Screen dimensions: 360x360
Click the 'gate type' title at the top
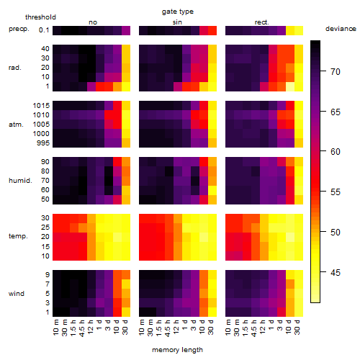(x=178, y=12)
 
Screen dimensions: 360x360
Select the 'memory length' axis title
(x=177, y=350)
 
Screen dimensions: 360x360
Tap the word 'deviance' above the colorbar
(x=341, y=29)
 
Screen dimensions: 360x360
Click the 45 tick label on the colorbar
(x=336, y=272)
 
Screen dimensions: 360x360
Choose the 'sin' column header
(x=177, y=22)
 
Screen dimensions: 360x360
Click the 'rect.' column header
(x=261, y=22)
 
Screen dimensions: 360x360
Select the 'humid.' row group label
(x=20, y=181)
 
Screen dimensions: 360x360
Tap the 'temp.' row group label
(x=18, y=236)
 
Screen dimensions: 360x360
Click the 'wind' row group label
(x=17, y=294)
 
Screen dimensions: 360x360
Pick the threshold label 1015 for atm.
(x=41, y=106)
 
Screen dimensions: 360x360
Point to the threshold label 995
(x=43, y=143)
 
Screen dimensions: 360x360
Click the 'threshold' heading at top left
(x=40, y=17)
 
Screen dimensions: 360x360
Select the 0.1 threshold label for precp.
(x=44, y=30)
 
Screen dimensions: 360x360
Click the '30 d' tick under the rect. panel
(x=297, y=327)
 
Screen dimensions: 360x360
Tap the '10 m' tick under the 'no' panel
(x=55, y=327)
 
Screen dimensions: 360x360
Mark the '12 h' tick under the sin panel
(x=176, y=327)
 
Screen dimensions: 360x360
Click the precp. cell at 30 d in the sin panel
(x=212, y=30)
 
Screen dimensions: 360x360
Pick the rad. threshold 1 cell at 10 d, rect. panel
(x=290, y=86)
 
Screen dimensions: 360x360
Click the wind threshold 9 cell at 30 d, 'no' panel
(x=126, y=274)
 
